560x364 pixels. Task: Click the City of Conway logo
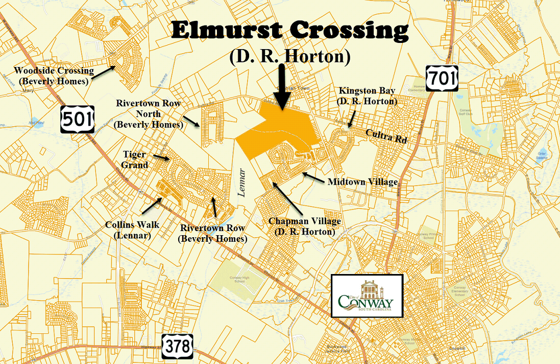point(367,296)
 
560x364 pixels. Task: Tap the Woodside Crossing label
point(54,76)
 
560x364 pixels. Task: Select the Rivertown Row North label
point(149,113)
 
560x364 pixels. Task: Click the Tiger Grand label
point(135,160)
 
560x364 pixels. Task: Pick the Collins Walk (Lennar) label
point(132,229)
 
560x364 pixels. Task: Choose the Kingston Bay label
point(367,96)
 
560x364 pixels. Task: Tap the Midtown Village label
point(362,181)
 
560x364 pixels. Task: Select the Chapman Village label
point(305,226)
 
